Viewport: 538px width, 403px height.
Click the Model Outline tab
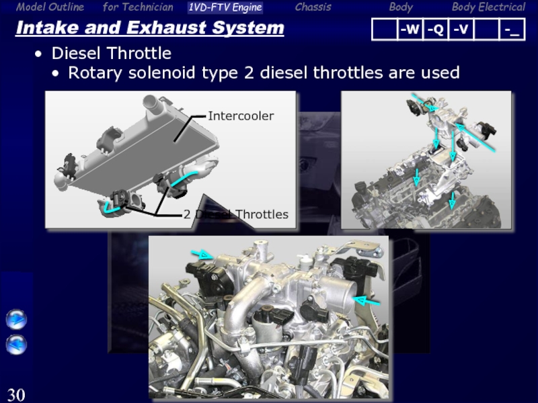click(50, 7)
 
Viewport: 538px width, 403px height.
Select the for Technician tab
click(138, 7)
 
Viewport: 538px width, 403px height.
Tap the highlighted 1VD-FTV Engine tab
click(225, 7)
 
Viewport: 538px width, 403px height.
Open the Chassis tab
click(313, 7)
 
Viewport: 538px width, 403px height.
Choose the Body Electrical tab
click(488, 7)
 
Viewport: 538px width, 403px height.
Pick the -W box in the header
click(410, 30)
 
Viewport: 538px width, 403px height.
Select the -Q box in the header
click(435, 30)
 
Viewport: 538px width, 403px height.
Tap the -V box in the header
click(461, 30)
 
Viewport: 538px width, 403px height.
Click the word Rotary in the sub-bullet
click(95, 73)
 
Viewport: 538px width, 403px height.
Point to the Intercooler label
click(241, 116)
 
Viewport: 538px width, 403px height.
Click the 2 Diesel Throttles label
click(236, 214)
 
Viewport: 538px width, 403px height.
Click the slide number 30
click(16, 395)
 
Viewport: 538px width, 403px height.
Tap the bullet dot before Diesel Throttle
click(38, 54)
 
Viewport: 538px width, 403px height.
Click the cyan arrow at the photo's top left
click(202, 255)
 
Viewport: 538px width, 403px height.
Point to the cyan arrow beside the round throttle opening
click(367, 301)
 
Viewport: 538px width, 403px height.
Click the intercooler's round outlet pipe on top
click(151, 102)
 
